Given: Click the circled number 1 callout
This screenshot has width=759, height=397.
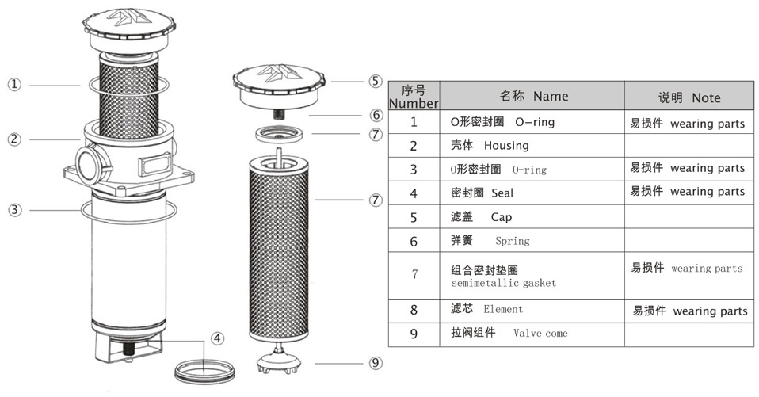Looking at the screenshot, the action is point(14,85).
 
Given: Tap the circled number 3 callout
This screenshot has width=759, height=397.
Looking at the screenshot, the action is point(15,210).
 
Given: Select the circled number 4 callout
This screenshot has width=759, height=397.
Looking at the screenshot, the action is point(218,338).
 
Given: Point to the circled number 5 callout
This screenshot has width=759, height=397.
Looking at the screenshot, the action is point(376,82).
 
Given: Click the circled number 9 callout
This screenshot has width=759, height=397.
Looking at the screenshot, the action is point(376,363).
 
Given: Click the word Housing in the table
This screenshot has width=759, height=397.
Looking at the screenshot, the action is point(506,146).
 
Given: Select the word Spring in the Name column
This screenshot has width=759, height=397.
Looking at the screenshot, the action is point(512,241).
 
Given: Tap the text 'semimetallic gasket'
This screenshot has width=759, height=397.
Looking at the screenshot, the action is point(504,283).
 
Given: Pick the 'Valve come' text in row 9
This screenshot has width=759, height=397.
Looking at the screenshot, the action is point(540,333).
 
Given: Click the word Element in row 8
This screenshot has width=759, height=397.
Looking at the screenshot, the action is point(503,309).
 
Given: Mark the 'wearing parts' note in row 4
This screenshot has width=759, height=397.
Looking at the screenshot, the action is point(708,192).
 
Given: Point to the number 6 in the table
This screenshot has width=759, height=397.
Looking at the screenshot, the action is point(414,241).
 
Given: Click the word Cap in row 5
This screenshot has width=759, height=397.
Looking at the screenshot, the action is point(501,217).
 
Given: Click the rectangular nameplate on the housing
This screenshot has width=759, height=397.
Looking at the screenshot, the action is point(155,165).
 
